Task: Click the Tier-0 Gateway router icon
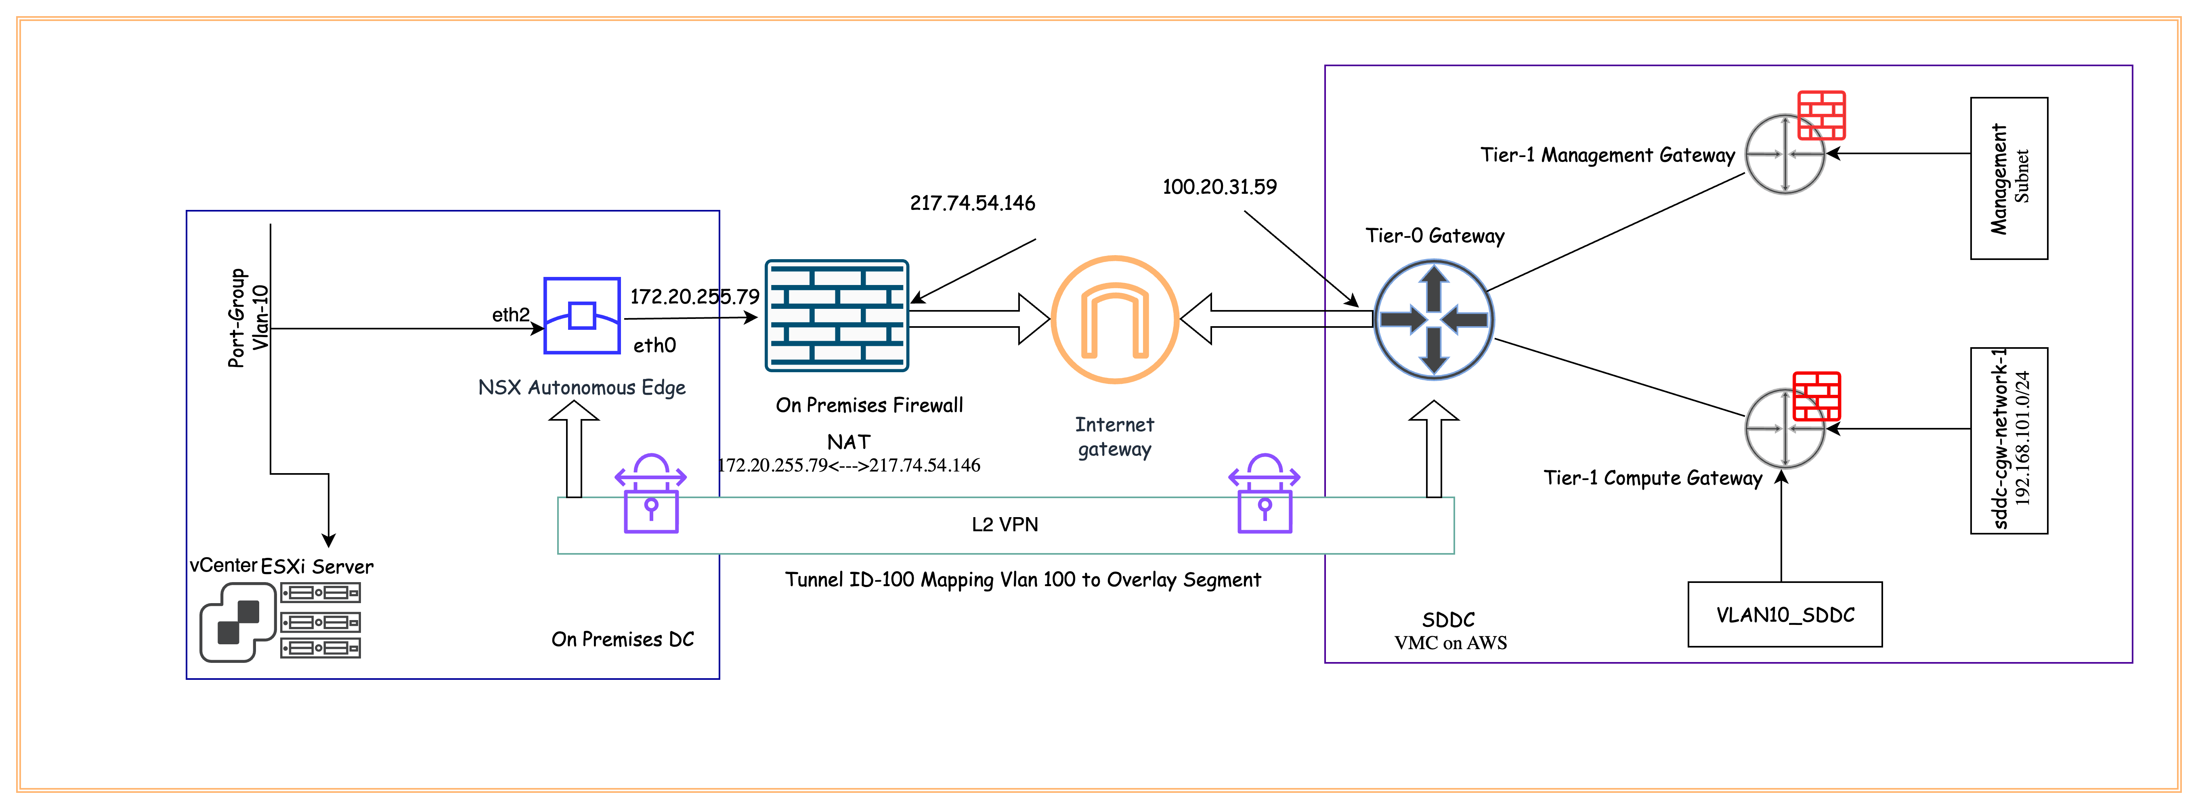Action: tap(1433, 320)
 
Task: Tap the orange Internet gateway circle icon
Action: tap(1114, 320)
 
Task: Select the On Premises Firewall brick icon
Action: tap(836, 316)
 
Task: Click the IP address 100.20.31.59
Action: tap(1219, 187)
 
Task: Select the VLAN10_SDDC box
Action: tap(1785, 614)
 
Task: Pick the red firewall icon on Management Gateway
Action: tap(1822, 115)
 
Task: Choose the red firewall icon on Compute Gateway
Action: tap(1816, 396)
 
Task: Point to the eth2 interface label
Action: tap(510, 315)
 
